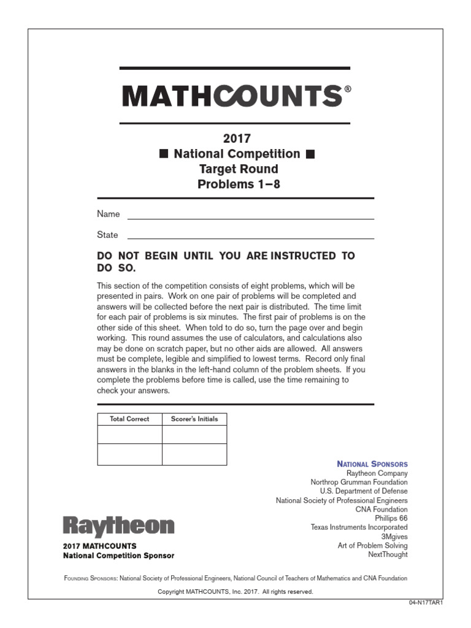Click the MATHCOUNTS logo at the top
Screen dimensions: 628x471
[233, 96]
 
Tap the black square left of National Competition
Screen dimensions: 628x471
[164, 154]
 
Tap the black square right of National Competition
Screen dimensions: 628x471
[310, 154]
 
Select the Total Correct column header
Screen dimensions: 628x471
[129, 419]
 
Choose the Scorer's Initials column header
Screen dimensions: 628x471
[194, 419]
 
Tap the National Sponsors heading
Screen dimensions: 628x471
[373, 464]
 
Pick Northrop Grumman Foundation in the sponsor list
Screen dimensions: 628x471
[359, 483]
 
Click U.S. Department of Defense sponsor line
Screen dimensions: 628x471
[364, 491]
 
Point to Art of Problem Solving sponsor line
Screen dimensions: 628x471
[372, 545]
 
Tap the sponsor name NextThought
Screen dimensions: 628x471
[388, 554]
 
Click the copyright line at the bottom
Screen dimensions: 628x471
[235, 592]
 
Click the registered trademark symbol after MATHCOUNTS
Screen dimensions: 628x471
[348, 89]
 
